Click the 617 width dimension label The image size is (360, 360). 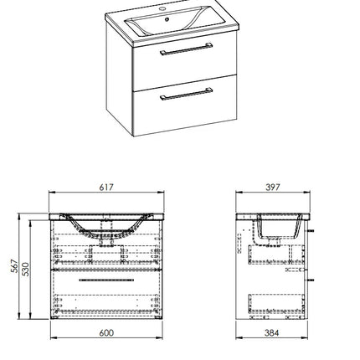106,187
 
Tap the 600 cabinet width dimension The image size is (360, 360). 106,332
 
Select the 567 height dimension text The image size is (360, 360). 14,266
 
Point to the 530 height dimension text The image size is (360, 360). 25,269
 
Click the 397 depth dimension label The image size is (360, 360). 272,187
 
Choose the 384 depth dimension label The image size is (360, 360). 271,332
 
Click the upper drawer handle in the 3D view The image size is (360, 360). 186,49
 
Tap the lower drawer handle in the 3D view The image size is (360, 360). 186,94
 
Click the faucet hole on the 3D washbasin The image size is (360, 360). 162,9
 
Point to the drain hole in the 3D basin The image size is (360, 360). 167,19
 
